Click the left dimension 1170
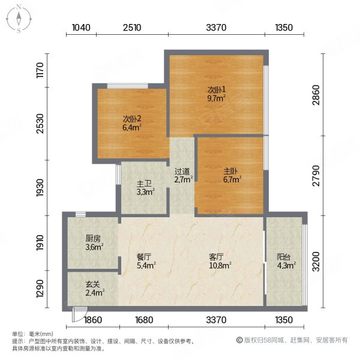tap(41, 71)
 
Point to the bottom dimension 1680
tap(146, 319)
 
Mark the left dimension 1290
tap(41, 292)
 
